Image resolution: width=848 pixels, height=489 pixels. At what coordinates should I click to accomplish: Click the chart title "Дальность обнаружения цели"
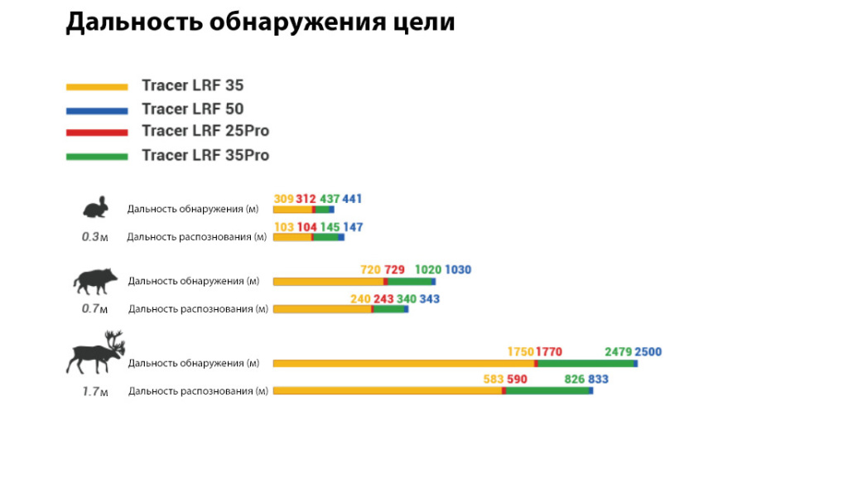tap(260, 22)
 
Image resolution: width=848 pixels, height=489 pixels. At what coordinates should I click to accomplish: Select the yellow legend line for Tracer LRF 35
tap(97, 86)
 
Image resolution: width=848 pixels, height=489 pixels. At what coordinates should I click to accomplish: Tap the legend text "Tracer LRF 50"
tap(192, 109)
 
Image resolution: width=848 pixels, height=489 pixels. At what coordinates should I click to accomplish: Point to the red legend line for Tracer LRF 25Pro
tap(97, 132)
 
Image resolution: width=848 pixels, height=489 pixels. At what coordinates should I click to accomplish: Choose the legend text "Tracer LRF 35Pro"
tap(205, 155)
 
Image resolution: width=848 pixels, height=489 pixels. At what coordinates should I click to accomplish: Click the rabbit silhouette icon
tap(95, 207)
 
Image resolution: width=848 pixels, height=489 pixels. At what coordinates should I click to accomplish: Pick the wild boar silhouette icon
tap(94, 281)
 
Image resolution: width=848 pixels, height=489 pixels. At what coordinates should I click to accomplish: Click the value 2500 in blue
tap(648, 351)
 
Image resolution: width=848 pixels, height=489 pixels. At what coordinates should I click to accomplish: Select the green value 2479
tap(619, 351)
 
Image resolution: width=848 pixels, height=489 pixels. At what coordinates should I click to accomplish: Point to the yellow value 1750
tap(521, 351)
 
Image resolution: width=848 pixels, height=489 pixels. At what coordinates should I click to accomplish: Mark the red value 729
tap(394, 270)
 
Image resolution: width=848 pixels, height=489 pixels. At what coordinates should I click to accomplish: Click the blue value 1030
tap(458, 270)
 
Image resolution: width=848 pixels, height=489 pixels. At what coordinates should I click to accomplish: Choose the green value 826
tap(575, 379)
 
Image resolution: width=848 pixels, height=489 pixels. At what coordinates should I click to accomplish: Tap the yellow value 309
tap(283, 199)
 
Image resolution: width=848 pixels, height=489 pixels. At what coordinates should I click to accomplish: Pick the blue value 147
tap(353, 227)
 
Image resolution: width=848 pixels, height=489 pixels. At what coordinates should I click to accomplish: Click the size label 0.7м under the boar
tap(94, 309)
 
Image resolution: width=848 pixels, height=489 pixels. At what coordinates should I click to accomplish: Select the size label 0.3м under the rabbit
tap(94, 237)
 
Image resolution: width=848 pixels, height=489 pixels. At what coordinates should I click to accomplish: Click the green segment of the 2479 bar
tap(585, 363)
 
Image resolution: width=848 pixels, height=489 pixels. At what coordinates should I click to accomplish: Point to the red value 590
tap(517, 379)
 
